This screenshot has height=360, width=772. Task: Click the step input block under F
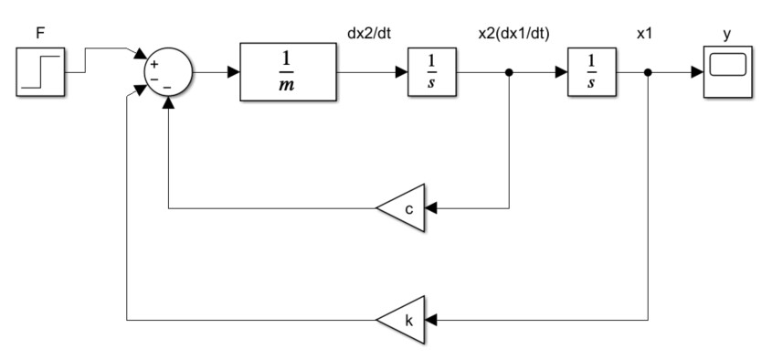pyautogui.click(x=40, y=72)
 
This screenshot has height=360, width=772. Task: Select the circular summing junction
pyautogui.click(x=168, y=72)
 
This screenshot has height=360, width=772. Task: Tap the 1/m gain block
pyautogui.click(x=288, y=72)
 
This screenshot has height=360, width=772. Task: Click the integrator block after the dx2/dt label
pyautogui.click(x=432, y=72)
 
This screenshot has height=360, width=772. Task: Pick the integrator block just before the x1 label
pyautogui.click(x=592, y=72)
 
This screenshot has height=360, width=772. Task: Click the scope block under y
pyautogui.click(x=727, y=72)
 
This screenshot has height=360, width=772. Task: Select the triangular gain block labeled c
pyautogui.click(x=400, y=208)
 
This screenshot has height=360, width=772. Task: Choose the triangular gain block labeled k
pyautogui.click(x=400, y=320)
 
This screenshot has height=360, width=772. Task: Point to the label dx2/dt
pyautogui.click(x=369, y=34)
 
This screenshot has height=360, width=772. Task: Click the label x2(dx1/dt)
pyautogui.click(x=513, y=34)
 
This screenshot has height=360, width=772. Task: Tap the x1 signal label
pyautogui.click(x=644, y=34)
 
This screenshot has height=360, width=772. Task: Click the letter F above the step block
pyautogui.click(x=40, y=34)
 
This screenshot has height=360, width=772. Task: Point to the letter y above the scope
pyautogui.click(x=727, y=35)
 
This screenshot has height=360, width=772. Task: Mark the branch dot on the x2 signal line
pyautogui.click(x=509, y=72)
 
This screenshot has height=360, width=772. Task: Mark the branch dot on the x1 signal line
pyautogui.click(x=648, y=72)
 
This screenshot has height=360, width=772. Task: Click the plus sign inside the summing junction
pyautogui.click(x=154, y=64)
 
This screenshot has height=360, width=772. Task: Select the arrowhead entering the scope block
pyautogui.click(x=697, y=72)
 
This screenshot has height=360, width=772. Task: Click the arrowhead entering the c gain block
pyautogui.click(x=431, y=208)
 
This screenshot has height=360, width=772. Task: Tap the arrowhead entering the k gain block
pyautogui.click(x=431, y=320)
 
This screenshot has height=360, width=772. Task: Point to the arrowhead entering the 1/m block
pyautogui.click(x=233, y=72)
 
